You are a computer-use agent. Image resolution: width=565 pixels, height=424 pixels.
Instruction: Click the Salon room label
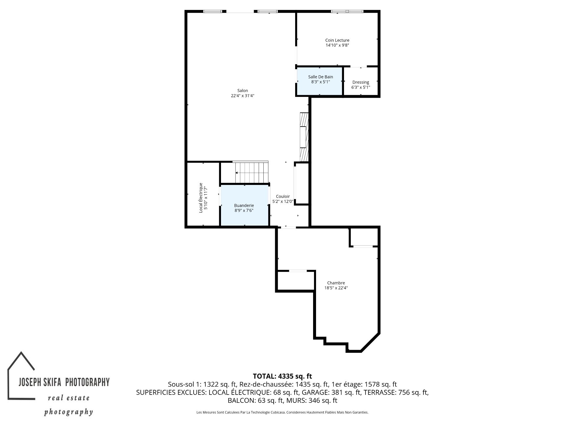pos(242,91)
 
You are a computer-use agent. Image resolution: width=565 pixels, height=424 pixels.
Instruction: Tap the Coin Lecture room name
pos(337,40)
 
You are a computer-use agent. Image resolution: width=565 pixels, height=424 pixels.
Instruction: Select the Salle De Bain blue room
pos(320,81)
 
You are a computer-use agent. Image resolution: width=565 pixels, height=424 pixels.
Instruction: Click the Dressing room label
pos(360,82)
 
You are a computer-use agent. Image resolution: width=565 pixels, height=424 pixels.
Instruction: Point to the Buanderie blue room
pos(245,205)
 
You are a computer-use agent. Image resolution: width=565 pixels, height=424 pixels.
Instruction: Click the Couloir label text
pos(283,196)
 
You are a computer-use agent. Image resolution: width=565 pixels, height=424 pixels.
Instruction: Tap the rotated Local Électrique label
pos(201,198)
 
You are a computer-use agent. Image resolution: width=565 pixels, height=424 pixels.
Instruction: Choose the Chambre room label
pos(336,283)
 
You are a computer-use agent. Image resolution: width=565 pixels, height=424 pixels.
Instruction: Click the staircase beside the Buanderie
pos(252,172)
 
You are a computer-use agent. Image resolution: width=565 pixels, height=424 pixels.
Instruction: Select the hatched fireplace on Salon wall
pos(304,137)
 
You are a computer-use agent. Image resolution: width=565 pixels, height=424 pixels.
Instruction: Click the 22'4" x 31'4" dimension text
pos(242,96)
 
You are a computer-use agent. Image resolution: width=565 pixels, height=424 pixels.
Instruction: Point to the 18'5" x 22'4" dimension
pos(336,288)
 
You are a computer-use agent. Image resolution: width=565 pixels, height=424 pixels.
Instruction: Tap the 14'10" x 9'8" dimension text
pos(337,45)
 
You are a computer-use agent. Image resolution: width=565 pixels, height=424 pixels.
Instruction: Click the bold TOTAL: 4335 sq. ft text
pos(282,376)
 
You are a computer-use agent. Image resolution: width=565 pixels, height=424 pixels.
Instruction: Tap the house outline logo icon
pos(21,375)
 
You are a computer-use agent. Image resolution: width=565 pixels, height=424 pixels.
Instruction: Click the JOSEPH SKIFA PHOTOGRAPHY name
pos(64,382)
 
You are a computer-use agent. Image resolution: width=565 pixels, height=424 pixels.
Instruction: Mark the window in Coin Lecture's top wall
pos(347,11)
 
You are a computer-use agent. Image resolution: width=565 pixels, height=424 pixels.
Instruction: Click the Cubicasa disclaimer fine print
pos(282,413)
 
